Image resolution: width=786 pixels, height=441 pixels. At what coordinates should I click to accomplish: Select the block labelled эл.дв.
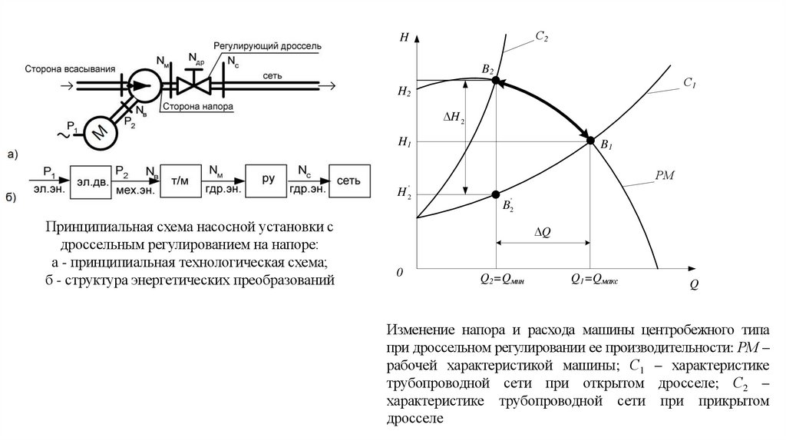point(91,180)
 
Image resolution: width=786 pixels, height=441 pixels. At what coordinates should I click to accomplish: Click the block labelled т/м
point(180,180)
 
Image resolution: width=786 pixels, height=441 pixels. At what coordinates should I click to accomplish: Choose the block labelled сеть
point(348,180)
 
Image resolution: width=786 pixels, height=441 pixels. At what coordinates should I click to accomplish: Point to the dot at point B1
point(589,141)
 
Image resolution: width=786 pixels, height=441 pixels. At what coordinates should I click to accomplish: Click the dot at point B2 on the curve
point(495,80)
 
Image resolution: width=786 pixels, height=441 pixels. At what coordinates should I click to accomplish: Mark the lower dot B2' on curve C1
point(495,194)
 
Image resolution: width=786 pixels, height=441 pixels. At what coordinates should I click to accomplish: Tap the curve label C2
point(542,36)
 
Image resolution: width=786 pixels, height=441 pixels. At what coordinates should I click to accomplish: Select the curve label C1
point(689,82)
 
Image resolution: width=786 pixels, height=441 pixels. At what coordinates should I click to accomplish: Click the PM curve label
point(665,177)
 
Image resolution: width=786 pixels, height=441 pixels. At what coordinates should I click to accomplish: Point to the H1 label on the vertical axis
point(405,142)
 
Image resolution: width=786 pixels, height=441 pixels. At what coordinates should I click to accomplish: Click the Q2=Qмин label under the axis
point(502,280)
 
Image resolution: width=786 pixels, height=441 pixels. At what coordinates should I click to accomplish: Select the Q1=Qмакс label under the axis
point(594,280)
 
